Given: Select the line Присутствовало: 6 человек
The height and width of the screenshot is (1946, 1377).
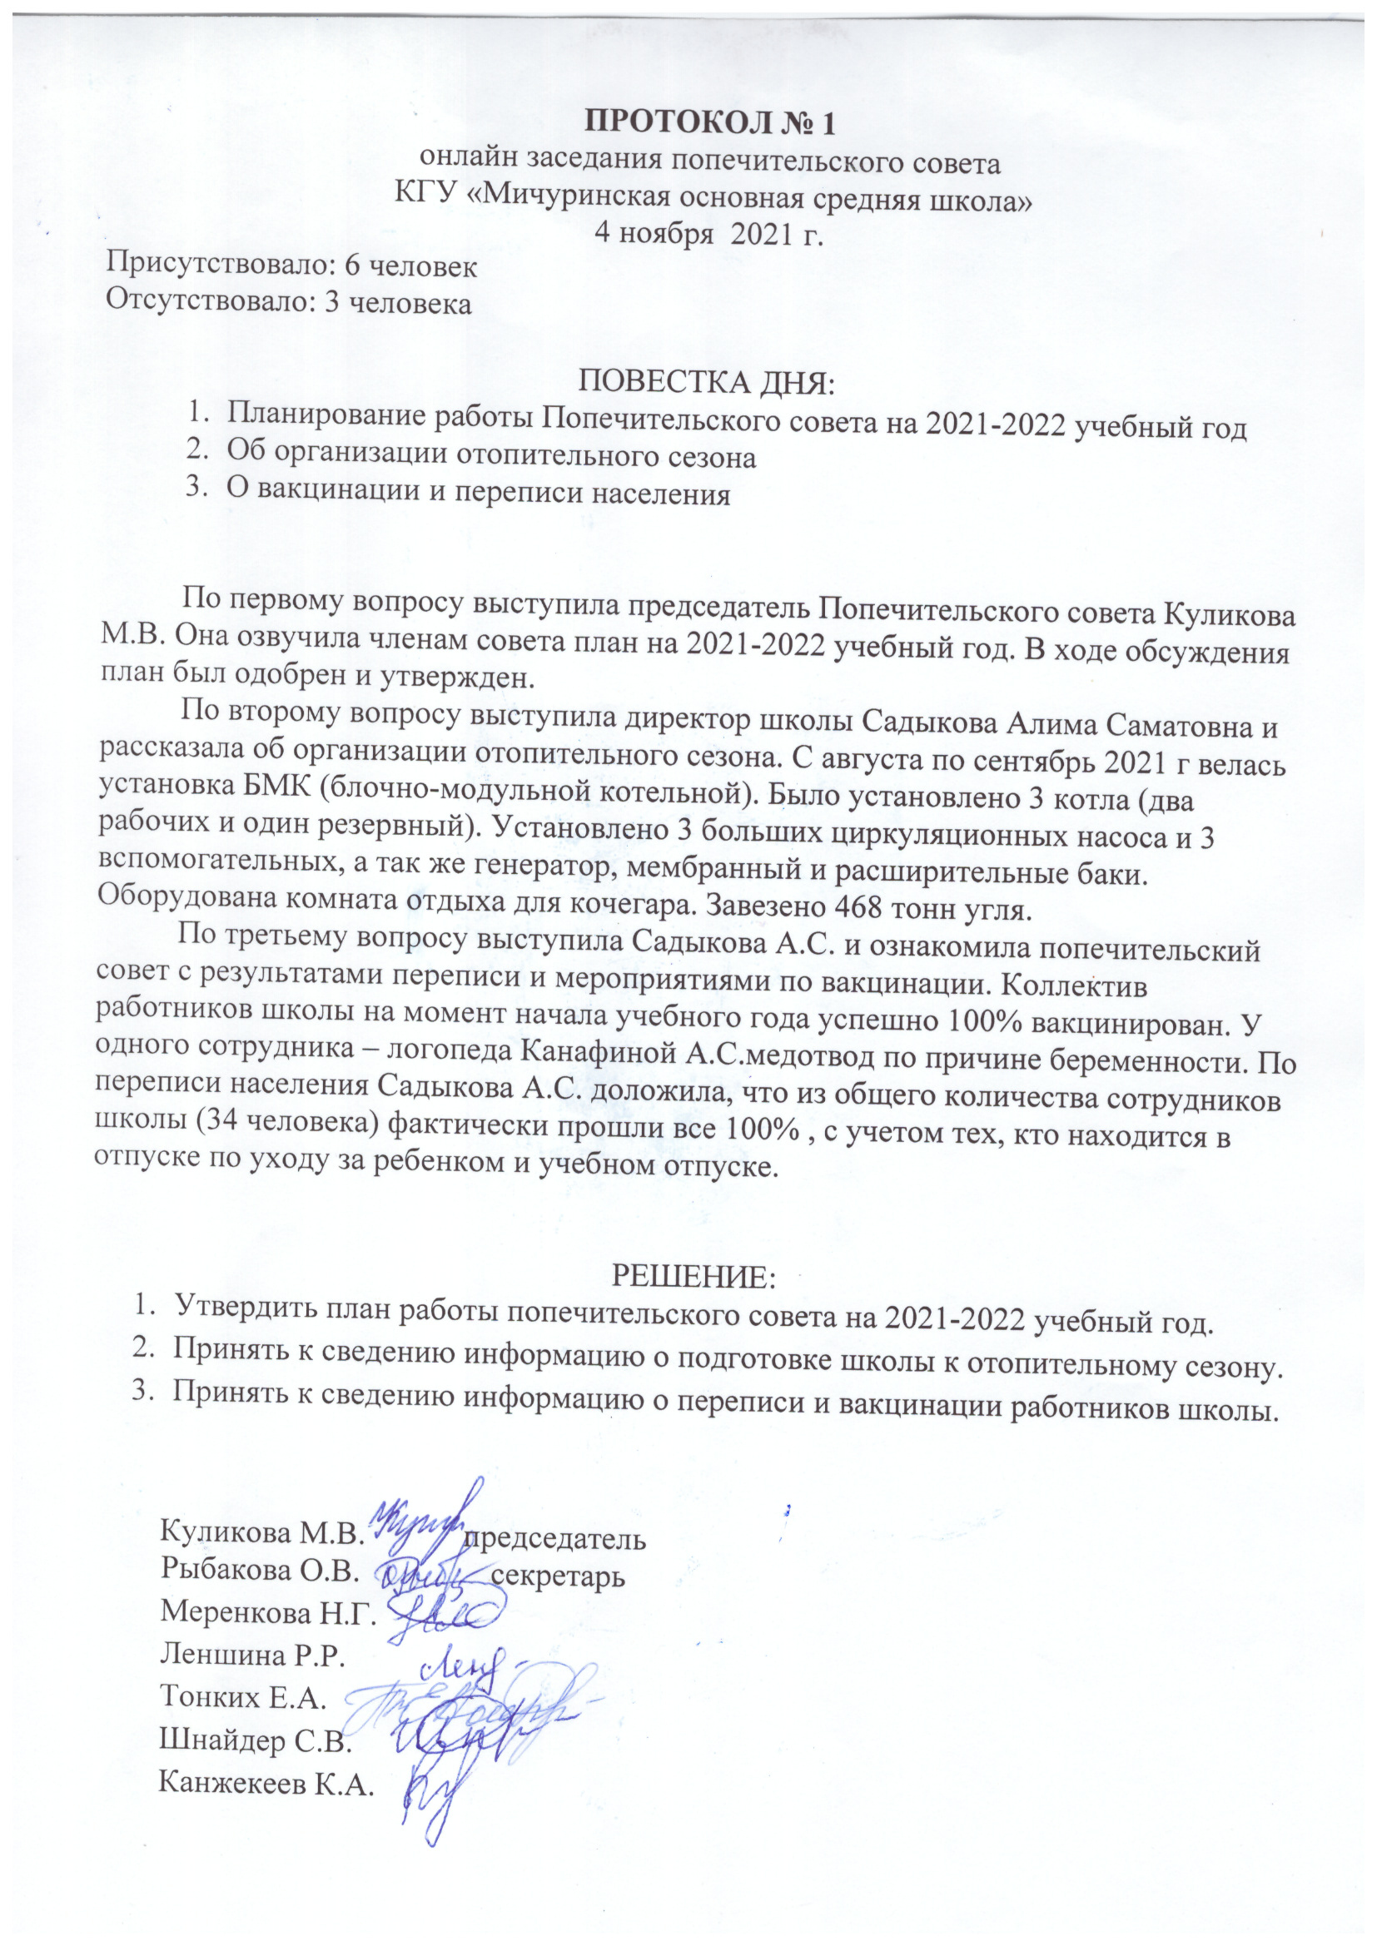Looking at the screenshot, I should (291, 266).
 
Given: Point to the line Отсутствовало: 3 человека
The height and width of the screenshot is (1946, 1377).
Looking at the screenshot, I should (287, 303).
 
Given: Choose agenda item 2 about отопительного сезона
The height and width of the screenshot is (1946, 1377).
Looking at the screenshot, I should (491, 457).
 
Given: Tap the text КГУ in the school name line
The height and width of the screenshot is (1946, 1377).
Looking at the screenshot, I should (427, 196).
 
